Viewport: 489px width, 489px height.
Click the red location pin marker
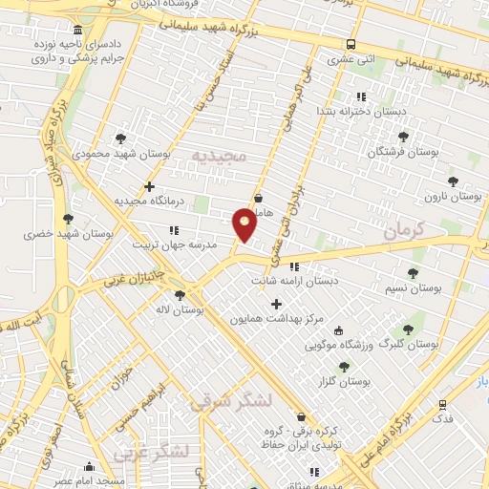[244, 223]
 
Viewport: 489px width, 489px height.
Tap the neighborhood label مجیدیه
[219, 155]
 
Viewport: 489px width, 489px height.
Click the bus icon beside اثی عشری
[352, 44]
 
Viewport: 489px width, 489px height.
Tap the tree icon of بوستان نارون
[453, 181]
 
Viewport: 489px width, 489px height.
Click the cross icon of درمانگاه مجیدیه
[149, 186]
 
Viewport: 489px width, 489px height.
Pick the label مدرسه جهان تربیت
[206, 244]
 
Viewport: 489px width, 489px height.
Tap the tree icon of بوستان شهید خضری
[67, 219]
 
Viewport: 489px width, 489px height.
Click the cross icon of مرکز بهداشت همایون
[277, 303]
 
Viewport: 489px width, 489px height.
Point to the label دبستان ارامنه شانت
[295, 282]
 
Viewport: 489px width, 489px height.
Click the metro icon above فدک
[441, 405]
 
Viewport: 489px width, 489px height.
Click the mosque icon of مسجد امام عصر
[89, 467]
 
